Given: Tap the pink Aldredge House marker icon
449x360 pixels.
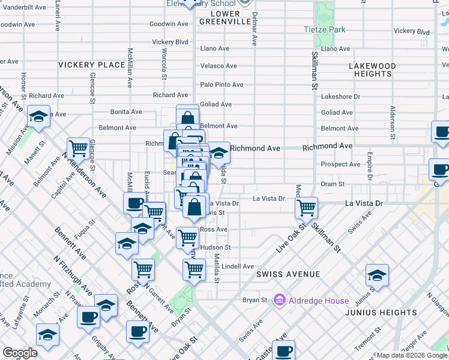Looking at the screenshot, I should pos(279,299).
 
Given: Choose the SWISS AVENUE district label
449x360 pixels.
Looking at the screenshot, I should pos(288,274).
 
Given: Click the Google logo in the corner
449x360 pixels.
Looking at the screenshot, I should pos(20,353).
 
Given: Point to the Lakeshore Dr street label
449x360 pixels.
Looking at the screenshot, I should pos(340,96).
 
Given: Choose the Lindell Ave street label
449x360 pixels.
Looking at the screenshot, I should pos(238,266).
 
